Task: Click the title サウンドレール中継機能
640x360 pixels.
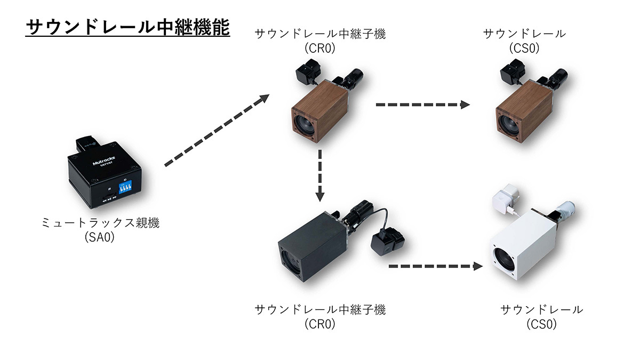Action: pos(127,28)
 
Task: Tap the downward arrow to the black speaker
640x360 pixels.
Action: pos(319,175)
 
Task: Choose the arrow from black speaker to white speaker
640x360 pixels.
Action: pos(432,266)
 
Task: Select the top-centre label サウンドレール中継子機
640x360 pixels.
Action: pos(320,34)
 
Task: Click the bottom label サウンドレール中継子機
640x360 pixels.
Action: pos(320,309)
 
